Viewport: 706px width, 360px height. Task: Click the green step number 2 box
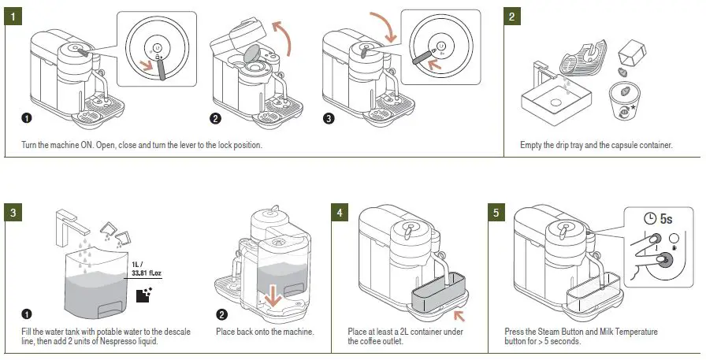tap(513, 17)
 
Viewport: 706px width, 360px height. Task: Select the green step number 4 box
tap(340, 213)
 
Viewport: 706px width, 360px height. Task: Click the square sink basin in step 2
tap(556, 102)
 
